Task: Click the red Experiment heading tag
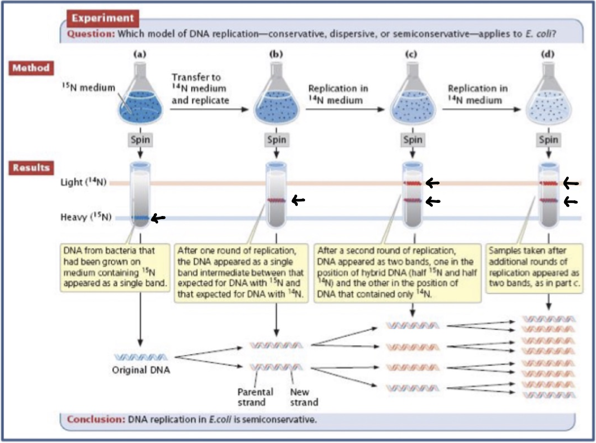103,18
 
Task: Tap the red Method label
31,68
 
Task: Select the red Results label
31,167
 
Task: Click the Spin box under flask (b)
276,140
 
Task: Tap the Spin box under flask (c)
412,140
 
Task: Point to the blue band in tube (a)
140,218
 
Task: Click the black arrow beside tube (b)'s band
298,200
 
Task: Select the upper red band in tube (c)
412,184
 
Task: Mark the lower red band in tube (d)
548,200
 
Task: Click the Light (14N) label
83,182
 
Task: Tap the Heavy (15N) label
86,217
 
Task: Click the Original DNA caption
141,370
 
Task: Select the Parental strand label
255,397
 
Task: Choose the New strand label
304,397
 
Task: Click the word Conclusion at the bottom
96,419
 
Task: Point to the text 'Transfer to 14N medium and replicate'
200,89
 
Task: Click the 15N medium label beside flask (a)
88,87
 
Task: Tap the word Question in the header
91,34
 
